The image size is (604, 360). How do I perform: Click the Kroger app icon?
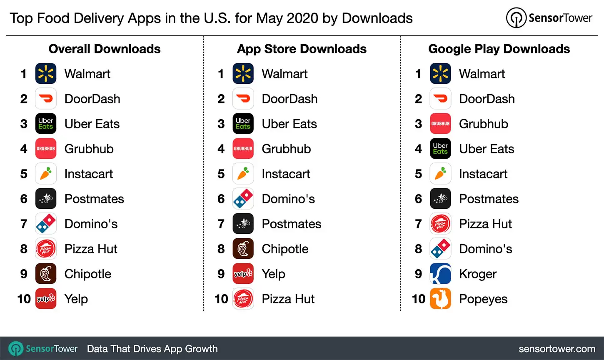(440, 274)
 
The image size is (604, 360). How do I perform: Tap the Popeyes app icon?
(440, 299)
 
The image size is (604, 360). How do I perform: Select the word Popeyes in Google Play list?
(483, 299)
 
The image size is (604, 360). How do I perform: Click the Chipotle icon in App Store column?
(243, 249)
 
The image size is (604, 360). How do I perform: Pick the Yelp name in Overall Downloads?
(76, 299)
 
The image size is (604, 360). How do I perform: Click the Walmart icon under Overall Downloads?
(46, 74)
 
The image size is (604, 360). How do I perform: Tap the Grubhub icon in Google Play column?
(440, 124)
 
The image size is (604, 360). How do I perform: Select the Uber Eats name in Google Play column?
(486, 149)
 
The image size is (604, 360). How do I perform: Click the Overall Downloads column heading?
(105, 49)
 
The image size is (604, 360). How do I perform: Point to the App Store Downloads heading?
(302, 49)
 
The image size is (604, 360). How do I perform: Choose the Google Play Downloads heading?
(499, 49)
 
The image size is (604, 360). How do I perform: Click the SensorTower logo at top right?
(549, 18)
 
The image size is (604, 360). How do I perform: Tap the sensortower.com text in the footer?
(557, 349)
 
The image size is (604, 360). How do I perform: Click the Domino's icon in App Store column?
(243, 199)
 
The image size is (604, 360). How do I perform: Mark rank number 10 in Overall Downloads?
(24, 299)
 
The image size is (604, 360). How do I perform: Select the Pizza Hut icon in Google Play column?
(440, 224)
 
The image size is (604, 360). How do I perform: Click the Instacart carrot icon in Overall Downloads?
(46, 174)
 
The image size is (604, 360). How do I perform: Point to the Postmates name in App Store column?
(291, 224)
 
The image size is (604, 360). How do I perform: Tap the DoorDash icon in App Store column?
(243, 99)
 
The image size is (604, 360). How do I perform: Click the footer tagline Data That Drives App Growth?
(152, 349)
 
